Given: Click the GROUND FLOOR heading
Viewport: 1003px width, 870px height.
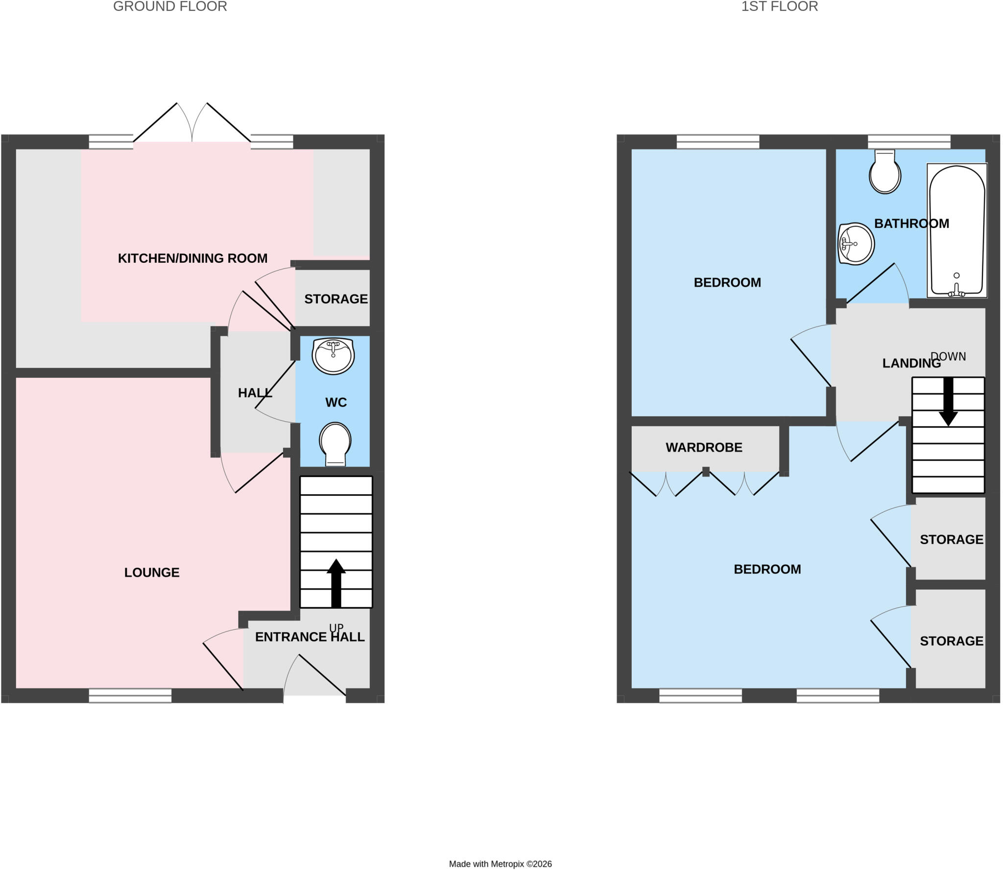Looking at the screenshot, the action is [170, 6].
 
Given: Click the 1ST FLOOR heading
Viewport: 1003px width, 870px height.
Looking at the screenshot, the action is [780, 6].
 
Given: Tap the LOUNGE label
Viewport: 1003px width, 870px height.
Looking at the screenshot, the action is [152, 572].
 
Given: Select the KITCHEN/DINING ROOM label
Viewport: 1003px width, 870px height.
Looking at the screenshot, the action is [192, 258].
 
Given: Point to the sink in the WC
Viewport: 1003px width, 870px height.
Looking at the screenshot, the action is [334, 356].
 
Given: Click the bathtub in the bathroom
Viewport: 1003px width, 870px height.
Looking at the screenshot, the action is [957, 230].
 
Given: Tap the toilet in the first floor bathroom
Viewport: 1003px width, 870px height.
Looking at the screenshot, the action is [885, 172].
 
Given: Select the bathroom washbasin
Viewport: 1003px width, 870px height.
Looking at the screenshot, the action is [856, 244].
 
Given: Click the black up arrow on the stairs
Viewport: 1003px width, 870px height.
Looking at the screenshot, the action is [336, 583].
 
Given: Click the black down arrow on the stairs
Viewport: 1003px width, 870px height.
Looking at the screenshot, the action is [948, 401].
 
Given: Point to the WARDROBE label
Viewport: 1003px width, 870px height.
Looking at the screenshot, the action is [704, 448].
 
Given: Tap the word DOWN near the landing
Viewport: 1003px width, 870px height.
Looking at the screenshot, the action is [948, 357].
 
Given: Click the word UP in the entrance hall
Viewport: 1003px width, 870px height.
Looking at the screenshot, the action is [336, 628].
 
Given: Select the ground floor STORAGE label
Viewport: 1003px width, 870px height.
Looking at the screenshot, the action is [336, 299].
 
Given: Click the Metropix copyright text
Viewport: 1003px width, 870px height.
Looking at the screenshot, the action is [501, 864].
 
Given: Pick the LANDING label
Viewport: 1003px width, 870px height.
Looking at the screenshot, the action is [911, 364].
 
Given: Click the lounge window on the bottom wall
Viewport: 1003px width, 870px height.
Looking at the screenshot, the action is [130, 696].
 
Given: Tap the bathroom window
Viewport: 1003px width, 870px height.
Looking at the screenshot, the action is [909, 142].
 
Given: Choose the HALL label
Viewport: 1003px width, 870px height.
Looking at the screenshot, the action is [255, 393].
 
